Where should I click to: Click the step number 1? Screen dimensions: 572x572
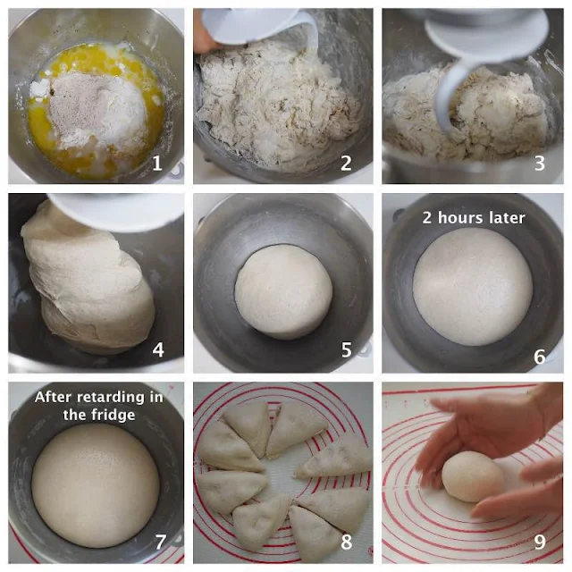pos(157,163)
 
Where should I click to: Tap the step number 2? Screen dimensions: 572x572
pos(346,163)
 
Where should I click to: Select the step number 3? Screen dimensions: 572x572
pos(540,163)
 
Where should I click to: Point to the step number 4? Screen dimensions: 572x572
pos(158,349)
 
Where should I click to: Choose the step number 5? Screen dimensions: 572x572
pos(346,349)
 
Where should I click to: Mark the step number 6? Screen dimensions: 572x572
pos(540,357)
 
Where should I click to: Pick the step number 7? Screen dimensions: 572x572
pos(161,543)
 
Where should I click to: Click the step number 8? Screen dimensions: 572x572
pos(346,543)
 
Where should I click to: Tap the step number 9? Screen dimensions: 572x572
pos(540,543)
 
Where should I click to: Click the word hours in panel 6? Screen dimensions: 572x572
pos(460,218)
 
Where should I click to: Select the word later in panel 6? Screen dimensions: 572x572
pos(507,218)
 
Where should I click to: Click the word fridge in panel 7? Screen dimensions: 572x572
pos(114,415)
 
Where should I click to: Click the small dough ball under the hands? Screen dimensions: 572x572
pos(473,476)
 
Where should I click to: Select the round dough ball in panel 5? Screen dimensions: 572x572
pos(283,292)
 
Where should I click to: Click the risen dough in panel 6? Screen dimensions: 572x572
pos(473,287)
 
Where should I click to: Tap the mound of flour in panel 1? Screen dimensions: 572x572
pos(97,109)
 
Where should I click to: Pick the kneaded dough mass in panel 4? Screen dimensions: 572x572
pos(88,281)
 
